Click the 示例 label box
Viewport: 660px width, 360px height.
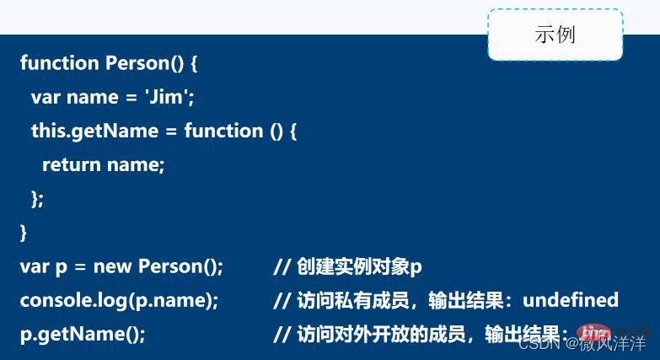click(x=555, y=35)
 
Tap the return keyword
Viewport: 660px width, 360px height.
click(x=72, y=164)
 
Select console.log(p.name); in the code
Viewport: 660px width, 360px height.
click(x=119, y=300)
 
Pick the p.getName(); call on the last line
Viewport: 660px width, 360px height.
click(x=83, y=334)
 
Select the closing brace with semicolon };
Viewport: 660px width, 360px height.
click(x=37, y=198)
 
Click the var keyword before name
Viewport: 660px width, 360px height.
click(x=46, y=97)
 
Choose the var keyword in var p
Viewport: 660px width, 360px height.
click(x=35, y=267)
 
